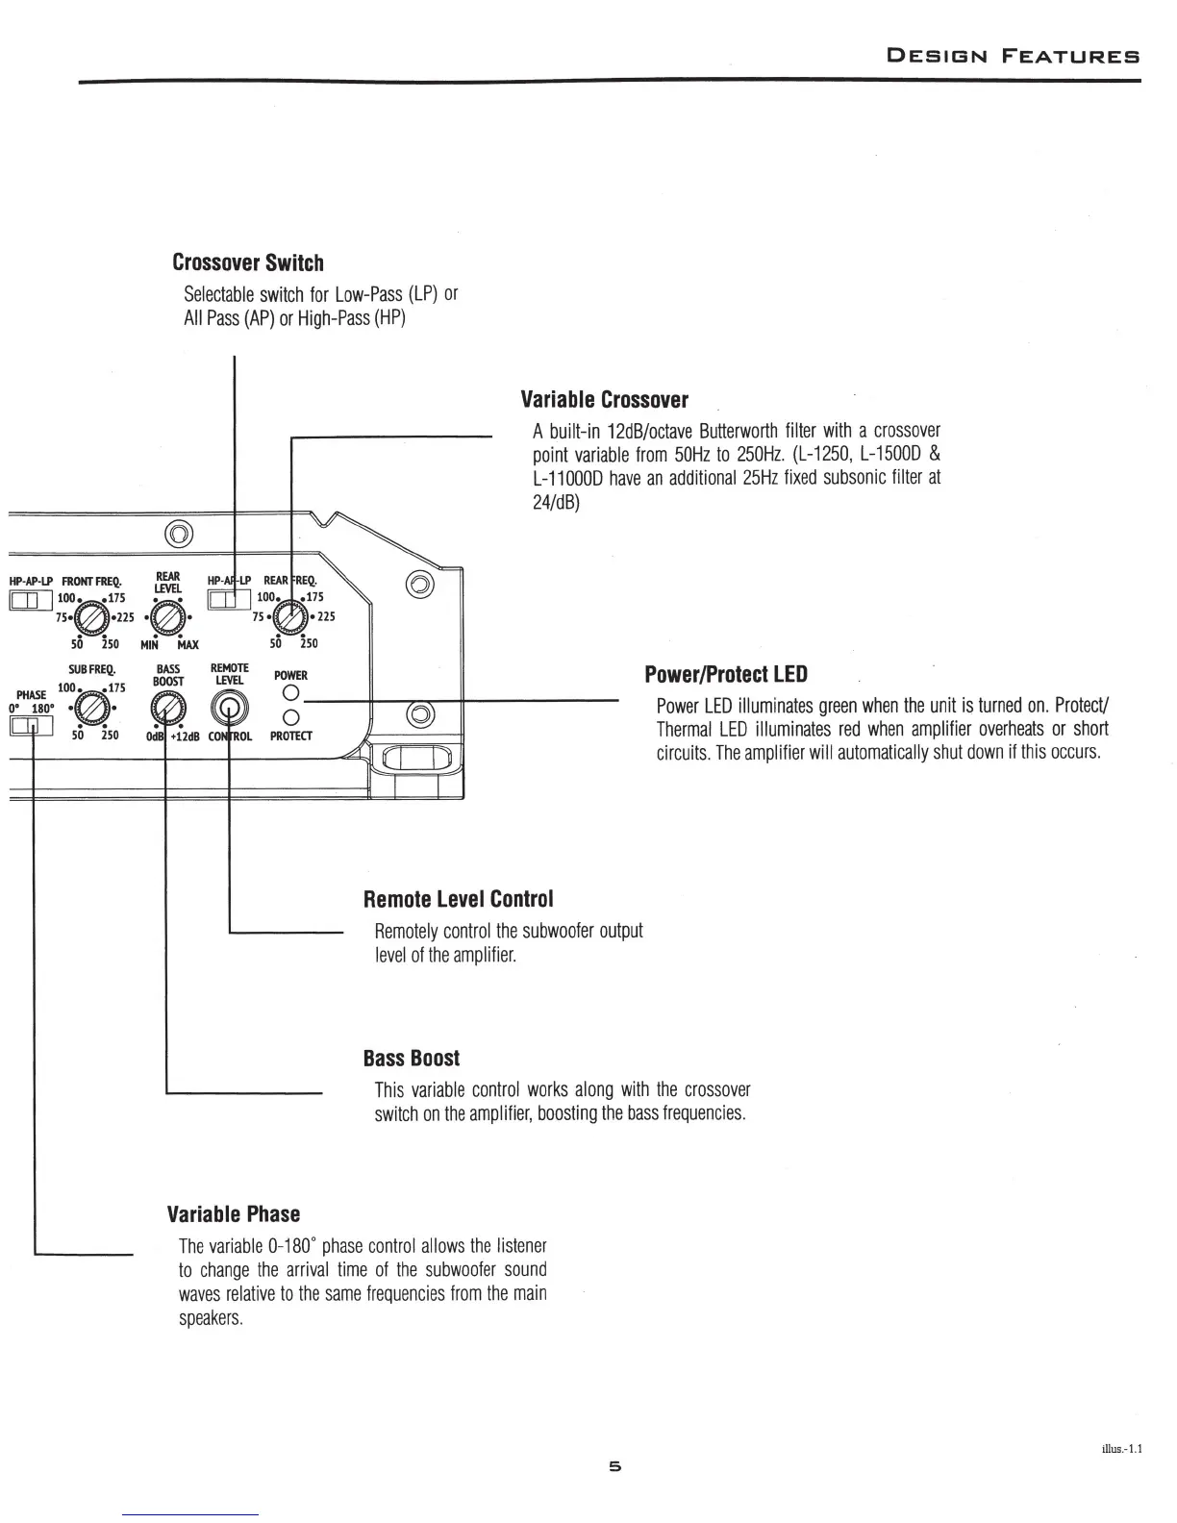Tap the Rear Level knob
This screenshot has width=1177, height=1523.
167,617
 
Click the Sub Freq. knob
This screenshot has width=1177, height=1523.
90,712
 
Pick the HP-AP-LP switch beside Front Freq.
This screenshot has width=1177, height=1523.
25,601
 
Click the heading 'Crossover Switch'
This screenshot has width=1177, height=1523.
247,262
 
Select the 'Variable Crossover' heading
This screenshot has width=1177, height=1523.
604,399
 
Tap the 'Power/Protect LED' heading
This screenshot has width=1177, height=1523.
725,674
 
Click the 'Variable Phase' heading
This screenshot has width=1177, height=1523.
233,1213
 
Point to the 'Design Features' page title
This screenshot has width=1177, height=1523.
1012,56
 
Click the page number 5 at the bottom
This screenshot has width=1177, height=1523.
615,1466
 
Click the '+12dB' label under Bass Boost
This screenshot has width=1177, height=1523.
186,737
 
